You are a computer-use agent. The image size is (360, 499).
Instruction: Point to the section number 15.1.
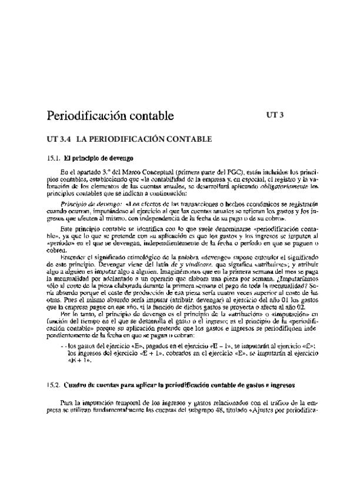pos(54,158)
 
